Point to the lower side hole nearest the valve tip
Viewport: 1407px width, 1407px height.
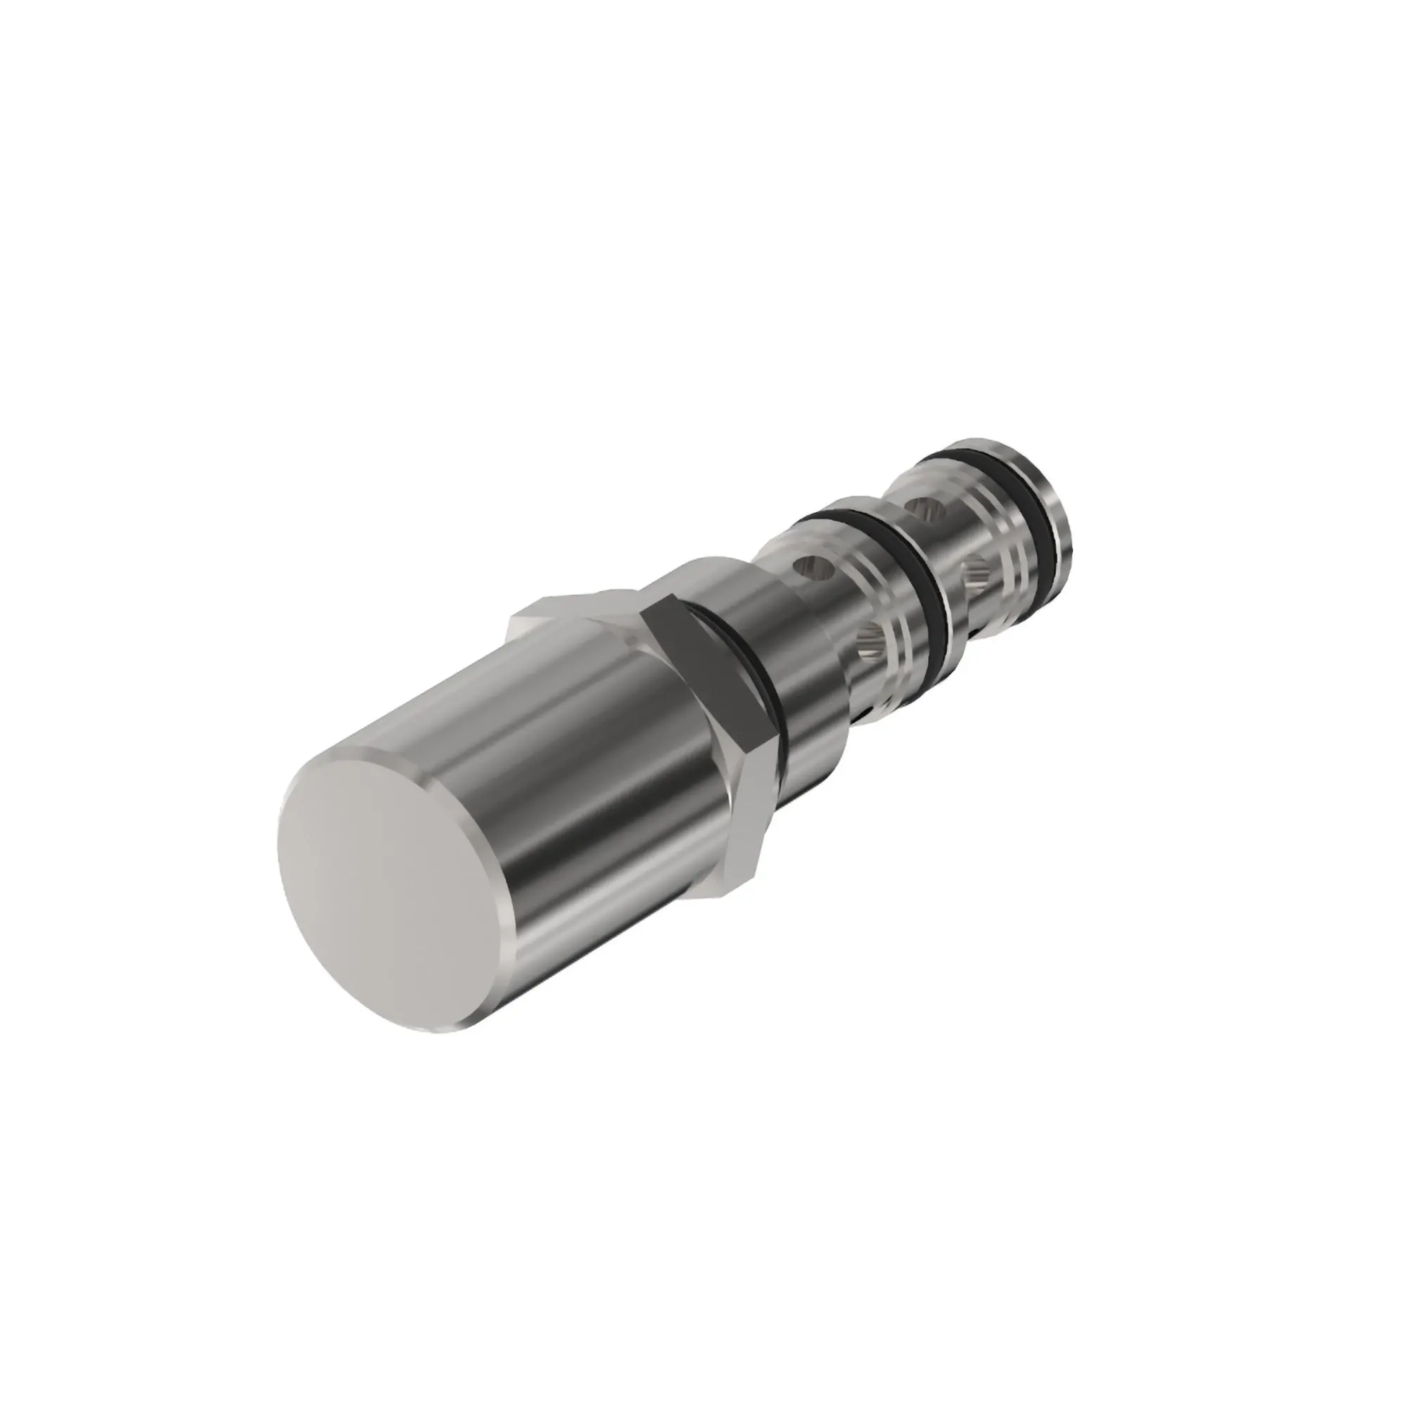[976, 575]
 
